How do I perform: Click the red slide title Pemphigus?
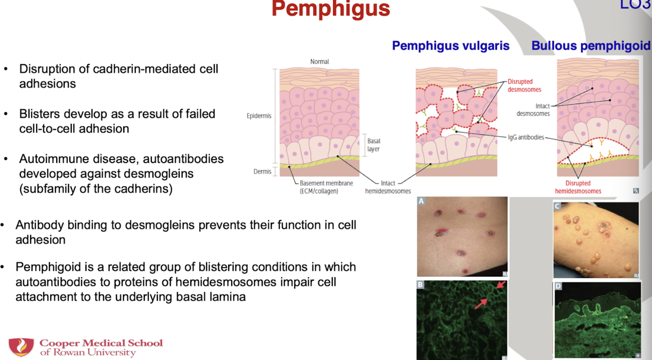[x=330, y=9]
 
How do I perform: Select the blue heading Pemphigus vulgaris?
[x=451, y=46]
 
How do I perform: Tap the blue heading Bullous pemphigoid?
[x=591, y=46]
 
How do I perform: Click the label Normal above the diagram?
[x=320, y=62]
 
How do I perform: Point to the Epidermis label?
[x=259, y=116]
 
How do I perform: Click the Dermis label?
[x=262, y=172]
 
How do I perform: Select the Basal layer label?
[x=373, y=145]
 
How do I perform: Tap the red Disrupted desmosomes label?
[x=524, y=86]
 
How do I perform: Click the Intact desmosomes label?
[x=533, y=110]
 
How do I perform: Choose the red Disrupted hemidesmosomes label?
[x=578, y=187]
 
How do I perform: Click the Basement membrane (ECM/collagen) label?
[x=326, y=187]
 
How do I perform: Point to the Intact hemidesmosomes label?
[x=388, y=187]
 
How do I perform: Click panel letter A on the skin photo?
[x=421, y=201]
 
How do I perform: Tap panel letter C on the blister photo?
[x=557, y=206]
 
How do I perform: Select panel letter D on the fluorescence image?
[x=558, y=286]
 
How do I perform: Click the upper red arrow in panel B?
[x=502, y=285]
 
